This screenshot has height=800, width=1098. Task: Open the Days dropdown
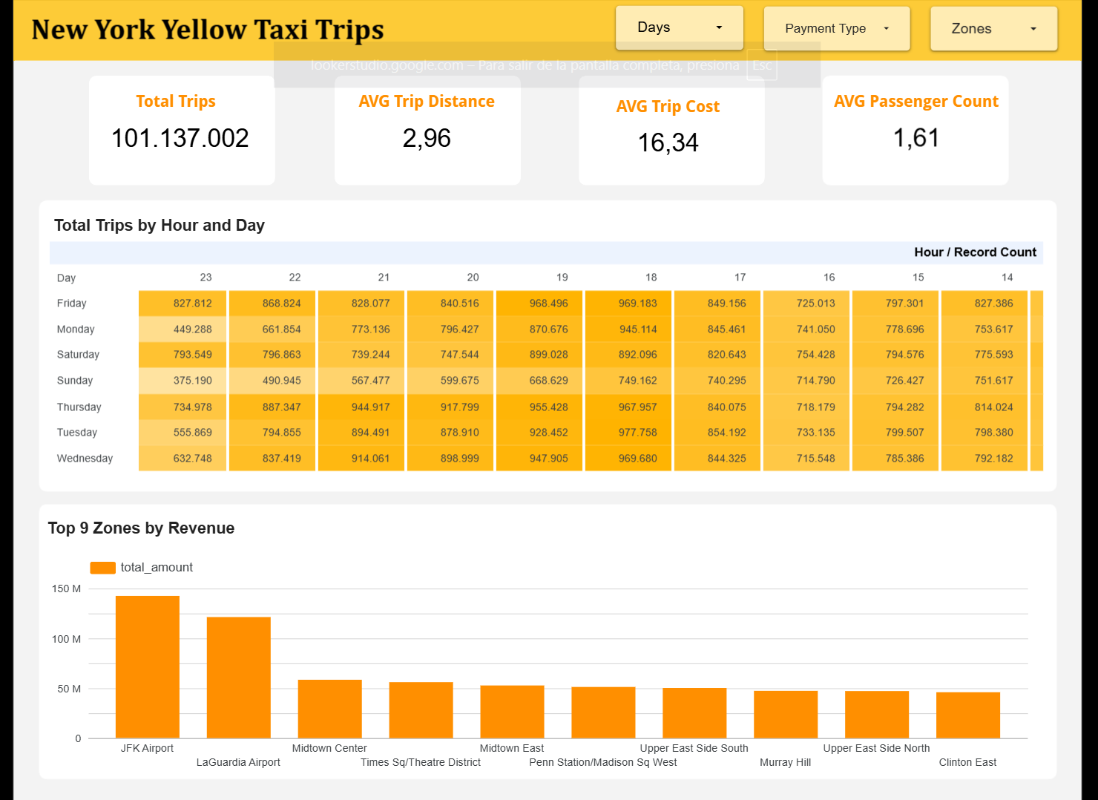[679, 27]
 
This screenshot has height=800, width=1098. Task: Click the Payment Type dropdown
[836, 28]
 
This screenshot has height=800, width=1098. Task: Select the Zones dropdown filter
[993, 28]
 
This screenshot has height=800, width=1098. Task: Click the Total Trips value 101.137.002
[180, 138]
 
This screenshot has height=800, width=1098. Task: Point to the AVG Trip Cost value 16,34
[668, 142]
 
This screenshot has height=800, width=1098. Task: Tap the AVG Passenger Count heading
[915, 101]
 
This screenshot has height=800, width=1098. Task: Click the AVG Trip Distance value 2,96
[427, 138]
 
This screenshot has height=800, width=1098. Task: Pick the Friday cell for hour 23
[183, 304]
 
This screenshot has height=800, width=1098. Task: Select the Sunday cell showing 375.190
[183, 381]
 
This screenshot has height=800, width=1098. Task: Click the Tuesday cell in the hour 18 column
[628, 433]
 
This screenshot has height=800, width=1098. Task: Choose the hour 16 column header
[829, 278]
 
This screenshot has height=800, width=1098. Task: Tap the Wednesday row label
[85, 459]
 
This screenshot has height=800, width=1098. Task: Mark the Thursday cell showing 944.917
[361, 407]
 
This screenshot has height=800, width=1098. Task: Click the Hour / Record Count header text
[975, 252]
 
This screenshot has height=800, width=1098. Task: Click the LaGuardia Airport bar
[238, 677]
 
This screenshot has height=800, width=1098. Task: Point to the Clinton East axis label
[967, 762]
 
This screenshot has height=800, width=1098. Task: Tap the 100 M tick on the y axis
[66, 639]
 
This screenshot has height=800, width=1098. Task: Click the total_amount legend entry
[142, 568]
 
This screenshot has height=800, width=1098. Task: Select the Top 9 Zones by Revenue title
[141, 528]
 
